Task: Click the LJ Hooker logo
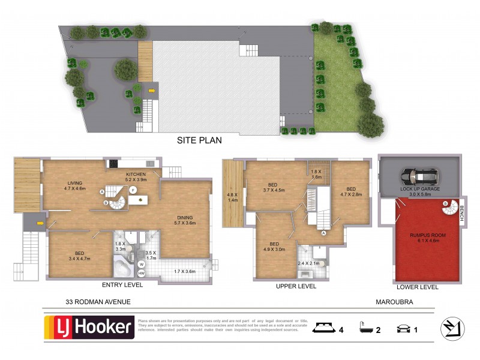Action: click(89, 327)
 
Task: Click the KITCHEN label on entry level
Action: click(136, 176)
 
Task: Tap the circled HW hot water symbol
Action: click(142, 273)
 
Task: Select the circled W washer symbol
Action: click(142, 263)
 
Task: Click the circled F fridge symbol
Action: click(133, 190)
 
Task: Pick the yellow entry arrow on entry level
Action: click(40, 223)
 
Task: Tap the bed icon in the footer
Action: click(323, 328)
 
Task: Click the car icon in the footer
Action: click(403, 328)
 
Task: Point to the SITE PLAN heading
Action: click(199, 141)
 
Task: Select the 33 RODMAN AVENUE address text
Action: click(98, 302)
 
